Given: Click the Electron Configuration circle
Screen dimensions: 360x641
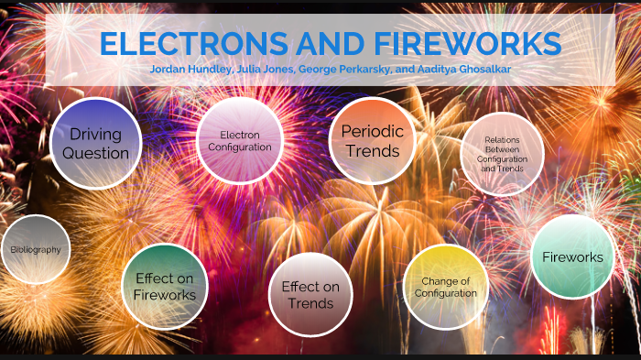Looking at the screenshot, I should coord(240,140).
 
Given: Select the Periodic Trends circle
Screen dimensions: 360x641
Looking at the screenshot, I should coord(372,140).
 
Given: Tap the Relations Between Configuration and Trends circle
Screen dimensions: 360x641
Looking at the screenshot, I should coord(502,154).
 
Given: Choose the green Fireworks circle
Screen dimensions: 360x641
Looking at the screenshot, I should coord(572,256).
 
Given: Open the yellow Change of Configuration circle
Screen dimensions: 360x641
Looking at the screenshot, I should coord(446,287).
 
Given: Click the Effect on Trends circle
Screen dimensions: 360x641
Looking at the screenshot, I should coord(310,294).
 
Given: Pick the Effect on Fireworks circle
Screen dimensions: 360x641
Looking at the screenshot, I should coord(165,287).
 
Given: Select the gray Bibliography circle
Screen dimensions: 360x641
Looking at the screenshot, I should coord(35,249).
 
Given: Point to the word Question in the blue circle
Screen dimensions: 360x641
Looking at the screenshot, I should coord(98,153).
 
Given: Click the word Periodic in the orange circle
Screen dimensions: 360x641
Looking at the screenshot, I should coord(372,131).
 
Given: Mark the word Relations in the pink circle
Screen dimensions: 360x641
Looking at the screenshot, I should coord(502,139).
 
